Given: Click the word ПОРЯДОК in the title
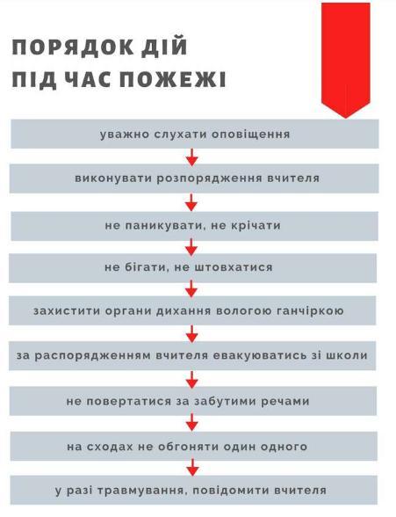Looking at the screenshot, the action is pyautogui.click(x=72, y=47).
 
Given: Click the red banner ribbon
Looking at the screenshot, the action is pyautogui.click(x=346, y=60).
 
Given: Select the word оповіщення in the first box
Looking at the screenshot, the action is pyautogui.click(x=251, y=135).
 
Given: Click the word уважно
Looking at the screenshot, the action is pyautogui.click(x=121, y=135).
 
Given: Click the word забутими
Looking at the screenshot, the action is pyautogui.click(x=225, y=401).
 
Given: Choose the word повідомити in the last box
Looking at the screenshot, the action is pyautogui.click(x=230, y=490).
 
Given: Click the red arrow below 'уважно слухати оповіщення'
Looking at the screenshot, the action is pyautogui.click(x=192, y=157).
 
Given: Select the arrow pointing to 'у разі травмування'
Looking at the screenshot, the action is pyautogui.click(x=192, y=467).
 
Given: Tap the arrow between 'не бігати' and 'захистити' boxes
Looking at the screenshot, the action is pyautogui.click(x=191, y=288).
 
